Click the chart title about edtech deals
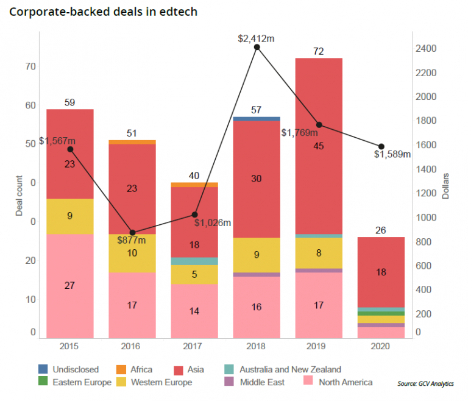tap(103, 12)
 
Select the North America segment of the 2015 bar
tap(70, 285)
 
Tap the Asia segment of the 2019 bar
tap(319, 146)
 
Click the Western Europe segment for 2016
tap(132, 253)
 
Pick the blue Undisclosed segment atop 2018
tap(257, 119)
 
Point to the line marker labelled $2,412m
tap(257, 47)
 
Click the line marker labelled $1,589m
tap(381, 146)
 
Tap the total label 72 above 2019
tap(319, 51)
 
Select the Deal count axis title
tap(19, 194)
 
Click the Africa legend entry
tap(134, 369)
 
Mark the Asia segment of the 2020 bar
tap(381, 272)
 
